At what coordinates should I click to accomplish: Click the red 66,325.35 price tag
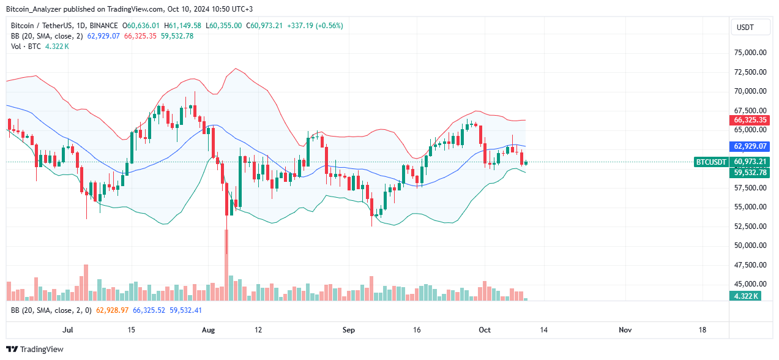[x=750, y=120]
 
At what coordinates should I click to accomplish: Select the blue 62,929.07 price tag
[x=750, y=146]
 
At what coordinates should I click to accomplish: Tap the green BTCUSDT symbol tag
[x=711, y=162]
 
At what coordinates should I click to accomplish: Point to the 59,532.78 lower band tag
[x=750, y=173]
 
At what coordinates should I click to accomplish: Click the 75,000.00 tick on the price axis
[x=750, y=53]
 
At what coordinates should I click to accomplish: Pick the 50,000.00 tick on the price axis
[x=750, y=246]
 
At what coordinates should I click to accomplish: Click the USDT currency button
[x=745, y=28]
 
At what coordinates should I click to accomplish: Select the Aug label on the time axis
[x=209, y=330]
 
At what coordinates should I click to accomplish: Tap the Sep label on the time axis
[x=348, y=330]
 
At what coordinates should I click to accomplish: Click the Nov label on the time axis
[x=625, y=330]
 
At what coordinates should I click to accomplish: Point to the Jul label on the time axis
[x=68, y=330]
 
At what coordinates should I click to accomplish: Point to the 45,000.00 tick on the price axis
[x=750, y=284]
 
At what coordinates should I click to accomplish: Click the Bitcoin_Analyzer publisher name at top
[x=34, y=9]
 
